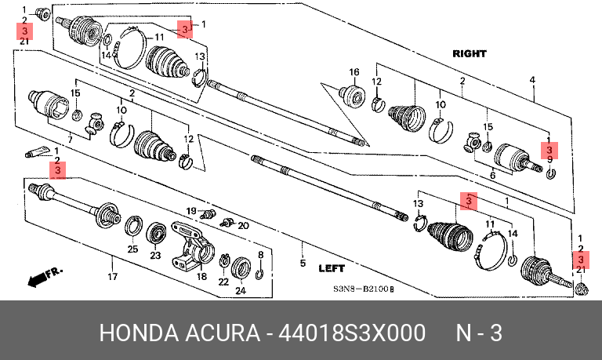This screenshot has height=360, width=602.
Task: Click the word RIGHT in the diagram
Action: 470,54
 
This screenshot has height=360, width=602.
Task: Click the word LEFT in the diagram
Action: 332,268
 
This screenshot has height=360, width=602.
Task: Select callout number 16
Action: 354,72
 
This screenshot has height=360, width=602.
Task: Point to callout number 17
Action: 112,276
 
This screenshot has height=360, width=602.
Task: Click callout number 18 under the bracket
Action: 201,276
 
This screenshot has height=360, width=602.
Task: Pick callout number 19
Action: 191,211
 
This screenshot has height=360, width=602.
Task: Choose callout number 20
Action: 244,226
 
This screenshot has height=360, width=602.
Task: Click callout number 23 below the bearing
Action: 155,255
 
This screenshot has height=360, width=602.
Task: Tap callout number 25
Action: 132,249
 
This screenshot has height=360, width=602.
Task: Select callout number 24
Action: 241,290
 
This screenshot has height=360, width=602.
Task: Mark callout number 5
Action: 303,263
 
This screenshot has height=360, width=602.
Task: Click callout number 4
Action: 532,80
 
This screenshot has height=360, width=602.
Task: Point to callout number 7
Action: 70,140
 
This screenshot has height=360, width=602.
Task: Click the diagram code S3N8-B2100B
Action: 363,289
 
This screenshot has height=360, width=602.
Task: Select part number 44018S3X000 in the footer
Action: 352,333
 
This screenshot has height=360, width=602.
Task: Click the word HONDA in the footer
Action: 139,333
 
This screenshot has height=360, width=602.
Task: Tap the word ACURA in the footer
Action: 223,333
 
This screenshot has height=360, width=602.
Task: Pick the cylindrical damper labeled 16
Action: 352,95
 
